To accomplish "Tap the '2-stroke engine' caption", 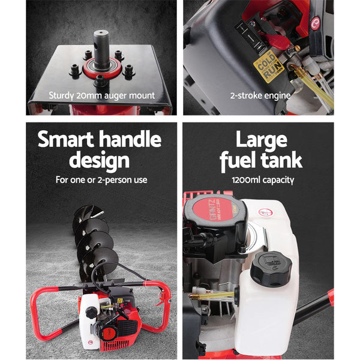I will [x=260, y=95].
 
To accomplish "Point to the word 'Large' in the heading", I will [x=260, y=140].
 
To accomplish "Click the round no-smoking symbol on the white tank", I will [x=262, y=211].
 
